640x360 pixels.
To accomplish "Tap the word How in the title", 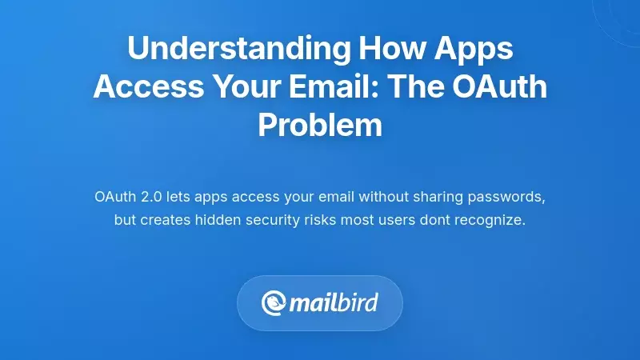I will pos(380,49).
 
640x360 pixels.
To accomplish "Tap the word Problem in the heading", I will pos(320,124).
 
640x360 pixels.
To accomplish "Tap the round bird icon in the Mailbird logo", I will pos(274,303).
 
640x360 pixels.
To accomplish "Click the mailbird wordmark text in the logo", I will pos(334,303).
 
